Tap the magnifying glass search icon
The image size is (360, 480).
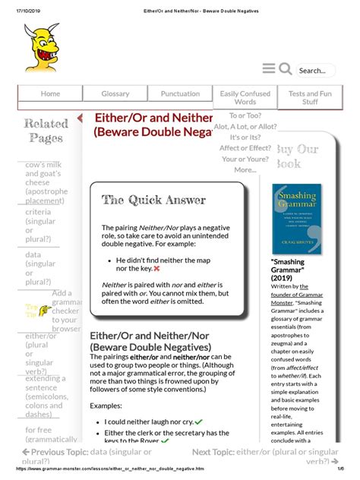[286, 69]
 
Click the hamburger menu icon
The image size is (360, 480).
[269, 69]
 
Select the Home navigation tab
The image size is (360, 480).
[50, 94]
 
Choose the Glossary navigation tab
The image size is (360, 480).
[115, 94]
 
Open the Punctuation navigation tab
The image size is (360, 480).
[181, 94]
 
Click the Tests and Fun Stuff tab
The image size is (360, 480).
[310, 98]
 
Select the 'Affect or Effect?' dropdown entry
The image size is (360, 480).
[245, 148]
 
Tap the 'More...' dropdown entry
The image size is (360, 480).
[245, 169]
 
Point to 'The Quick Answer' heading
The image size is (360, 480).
[154, 201]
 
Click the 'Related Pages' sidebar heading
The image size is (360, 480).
[46, 130]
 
